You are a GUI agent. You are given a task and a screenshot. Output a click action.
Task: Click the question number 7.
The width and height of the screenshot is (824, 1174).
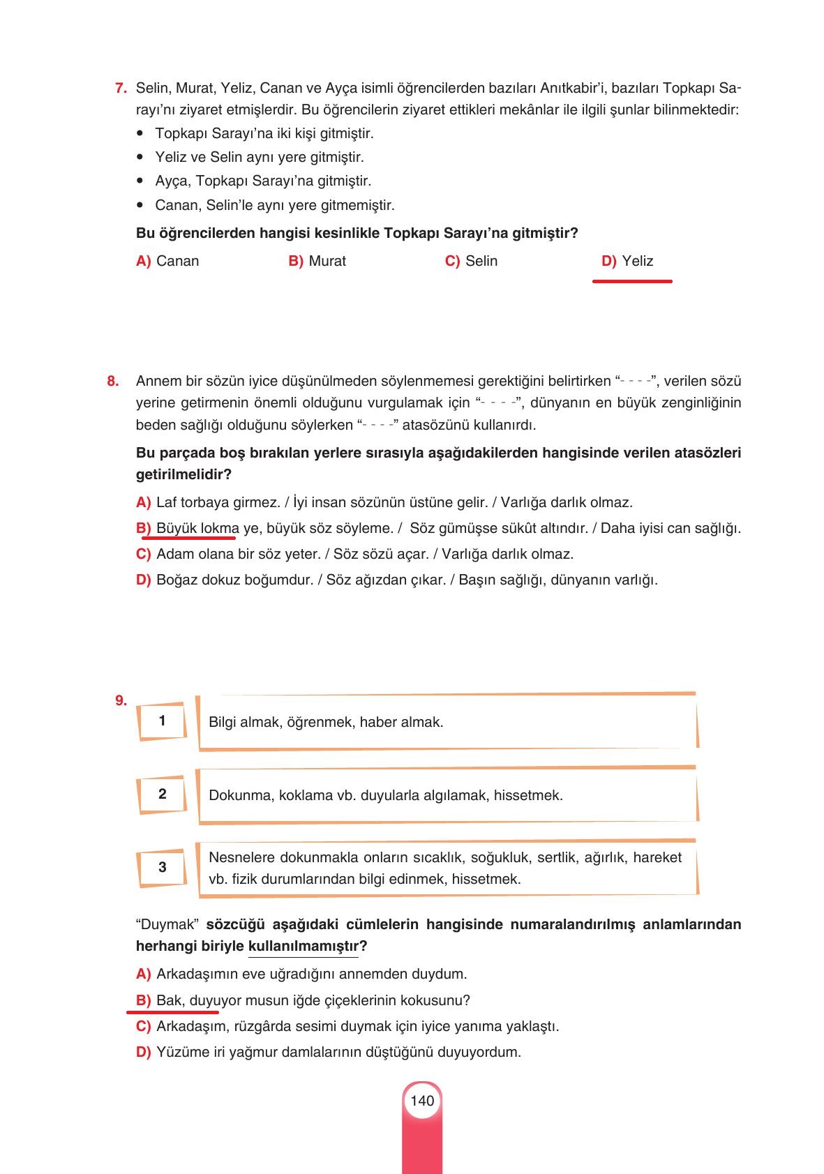(x=120, y=88)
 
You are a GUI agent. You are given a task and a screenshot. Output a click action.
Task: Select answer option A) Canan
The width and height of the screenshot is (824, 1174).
(x=167, y=261)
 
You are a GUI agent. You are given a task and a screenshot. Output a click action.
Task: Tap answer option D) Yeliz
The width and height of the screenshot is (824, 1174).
(x=627, y=261)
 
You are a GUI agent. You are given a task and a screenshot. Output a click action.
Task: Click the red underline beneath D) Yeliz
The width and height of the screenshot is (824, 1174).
(x=632, y=281)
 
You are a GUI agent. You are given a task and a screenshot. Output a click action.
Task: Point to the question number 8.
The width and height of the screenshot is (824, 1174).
(x=113, y=381)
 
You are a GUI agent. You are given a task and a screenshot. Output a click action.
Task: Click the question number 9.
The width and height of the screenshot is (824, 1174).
(x=121, y=700)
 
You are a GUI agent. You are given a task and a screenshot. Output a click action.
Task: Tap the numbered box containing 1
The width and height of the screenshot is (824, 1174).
(x=163, y=721)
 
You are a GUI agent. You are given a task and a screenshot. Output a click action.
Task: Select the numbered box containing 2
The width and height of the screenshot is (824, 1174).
(x=163, y=794)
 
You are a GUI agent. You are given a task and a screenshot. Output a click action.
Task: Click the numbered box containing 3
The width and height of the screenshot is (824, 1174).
(x=163, y=867)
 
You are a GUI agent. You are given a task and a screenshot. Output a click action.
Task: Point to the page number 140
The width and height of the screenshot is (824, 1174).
(x=422, y=1101)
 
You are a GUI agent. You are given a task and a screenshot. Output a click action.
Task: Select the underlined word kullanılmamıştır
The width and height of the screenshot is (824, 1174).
(x=304, y=947)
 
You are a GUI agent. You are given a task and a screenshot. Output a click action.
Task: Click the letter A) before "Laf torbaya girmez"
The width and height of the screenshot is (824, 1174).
(x=143, y=502)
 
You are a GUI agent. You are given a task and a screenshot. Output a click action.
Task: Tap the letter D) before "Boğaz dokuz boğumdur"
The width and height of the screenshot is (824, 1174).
(x=143, y=580)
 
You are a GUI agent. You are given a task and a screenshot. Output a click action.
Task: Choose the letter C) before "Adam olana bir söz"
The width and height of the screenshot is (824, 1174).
(x=143, y=554)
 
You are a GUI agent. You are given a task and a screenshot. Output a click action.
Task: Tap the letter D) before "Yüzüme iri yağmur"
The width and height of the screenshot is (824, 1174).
(x=143, y=1052)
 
